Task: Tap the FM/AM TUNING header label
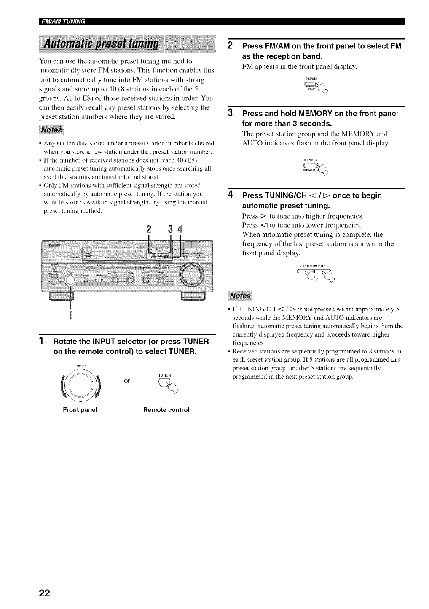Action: click(63, 22)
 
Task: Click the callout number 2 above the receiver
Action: click(148, 230)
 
